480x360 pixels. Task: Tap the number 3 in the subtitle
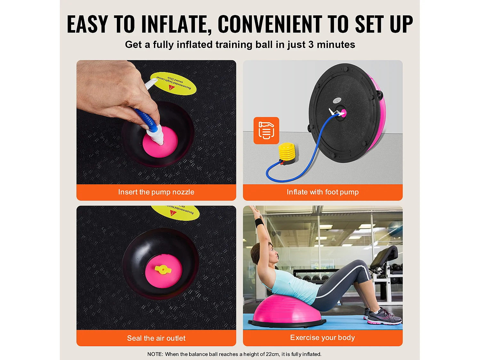[311, 44]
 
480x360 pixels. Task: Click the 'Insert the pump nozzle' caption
[156, 192]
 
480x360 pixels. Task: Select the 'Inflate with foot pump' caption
[323, 192]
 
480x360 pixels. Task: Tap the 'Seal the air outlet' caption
[156, 338]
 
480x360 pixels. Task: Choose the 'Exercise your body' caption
[323, 338]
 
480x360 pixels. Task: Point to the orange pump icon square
[266, 131]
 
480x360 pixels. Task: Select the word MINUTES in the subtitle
[336, 44]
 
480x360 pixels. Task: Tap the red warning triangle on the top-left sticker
[172, 87]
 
